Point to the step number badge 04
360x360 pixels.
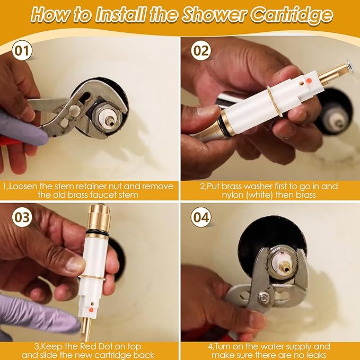(201, 217)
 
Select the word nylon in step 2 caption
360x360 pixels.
(225, 195)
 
